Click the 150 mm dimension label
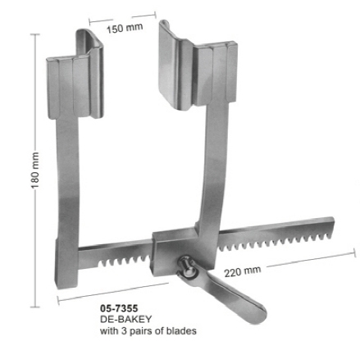[125, 28]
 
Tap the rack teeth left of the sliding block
[123, 257]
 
